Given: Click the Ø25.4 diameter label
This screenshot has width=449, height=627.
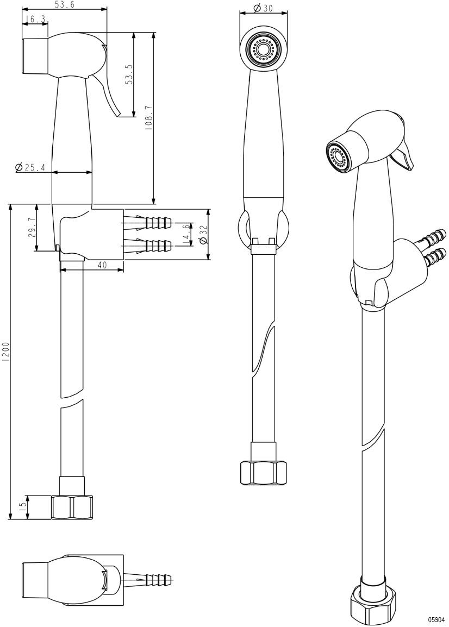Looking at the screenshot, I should [x=30, y=167].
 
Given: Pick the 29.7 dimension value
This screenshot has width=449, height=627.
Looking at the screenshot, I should [x=31, y=228].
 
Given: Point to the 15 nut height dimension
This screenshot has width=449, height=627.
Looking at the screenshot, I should [x=22, y=506].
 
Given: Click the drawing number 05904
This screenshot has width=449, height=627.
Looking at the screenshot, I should [x=436, y=619].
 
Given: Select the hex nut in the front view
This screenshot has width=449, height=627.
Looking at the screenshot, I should [x=263, y=472].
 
